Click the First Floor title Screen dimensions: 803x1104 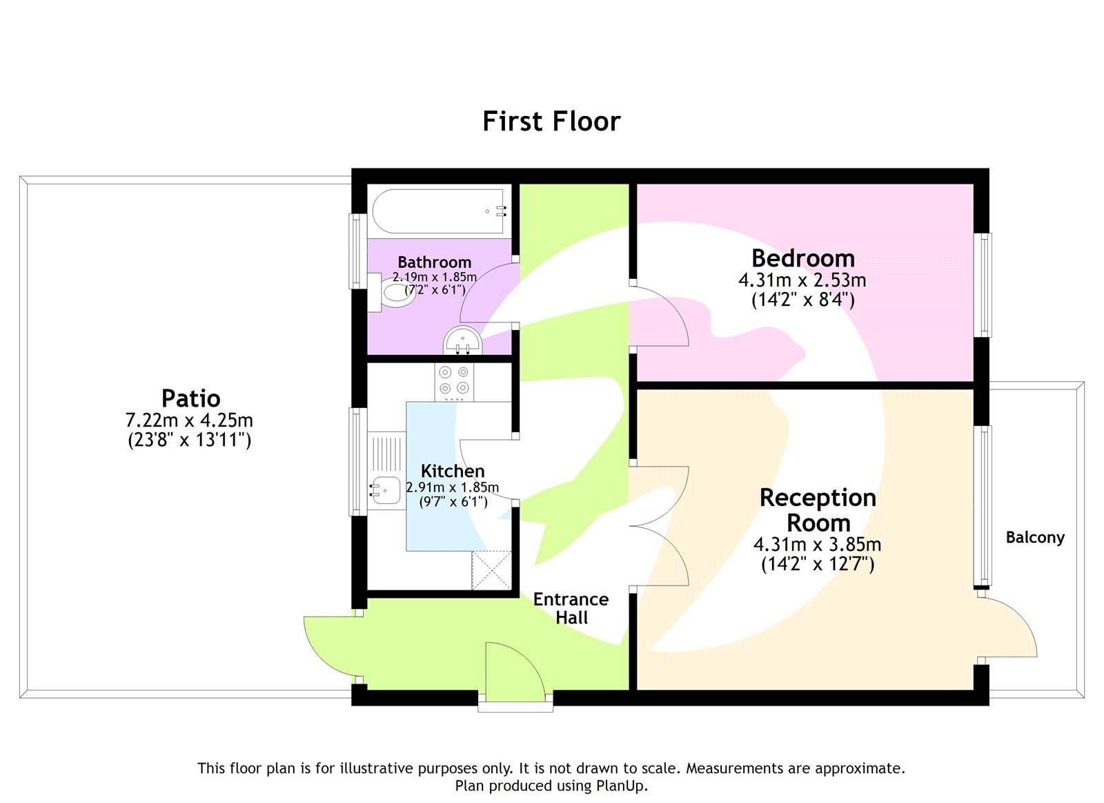(551, 122)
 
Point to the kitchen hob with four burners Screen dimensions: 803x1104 (454, 381)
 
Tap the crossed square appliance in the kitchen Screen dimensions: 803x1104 (491, 570)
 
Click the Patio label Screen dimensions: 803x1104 (190, 398)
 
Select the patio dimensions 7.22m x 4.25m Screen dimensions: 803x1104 (189, 420)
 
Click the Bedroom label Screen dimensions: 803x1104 (803, 258)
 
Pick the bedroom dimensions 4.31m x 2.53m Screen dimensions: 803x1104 (802, 280)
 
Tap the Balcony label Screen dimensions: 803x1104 (1034, 537)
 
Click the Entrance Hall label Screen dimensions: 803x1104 (571, 608)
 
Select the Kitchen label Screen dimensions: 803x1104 (453, 471)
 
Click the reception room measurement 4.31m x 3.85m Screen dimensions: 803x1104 (817, 544)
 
